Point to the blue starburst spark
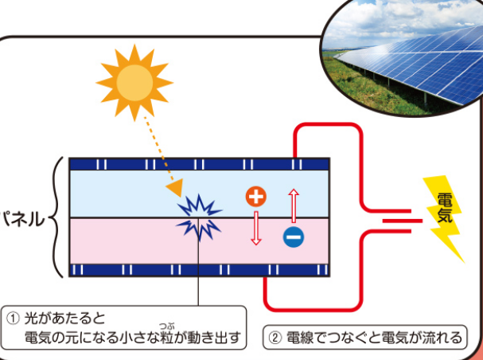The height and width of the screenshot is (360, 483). [197, 217]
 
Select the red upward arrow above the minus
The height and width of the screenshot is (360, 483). [293, 204]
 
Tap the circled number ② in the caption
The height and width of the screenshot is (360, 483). [275, 338]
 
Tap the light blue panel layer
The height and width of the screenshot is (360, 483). [119, 193]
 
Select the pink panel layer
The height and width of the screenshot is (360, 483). [119, 241]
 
